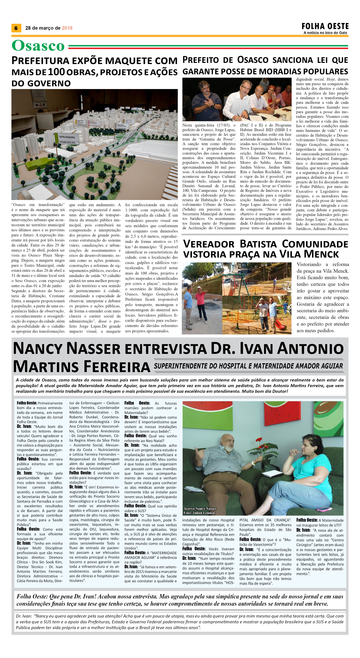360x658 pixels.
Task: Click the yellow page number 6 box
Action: [16, 28]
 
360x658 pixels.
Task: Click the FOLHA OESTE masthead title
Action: [325, 26]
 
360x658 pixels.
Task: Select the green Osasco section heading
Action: [38, 46]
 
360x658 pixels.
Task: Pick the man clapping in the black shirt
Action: [204, 97]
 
